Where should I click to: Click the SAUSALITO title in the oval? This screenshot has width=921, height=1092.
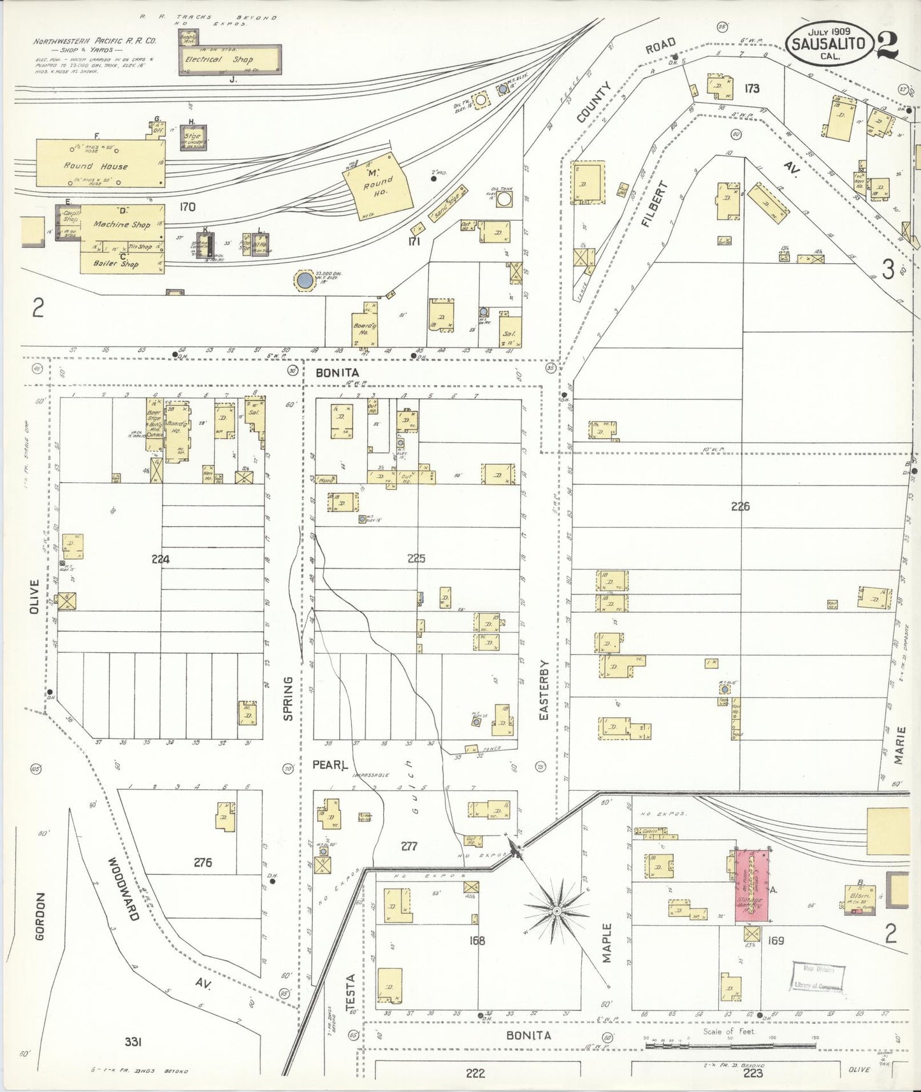(x=828, y=43)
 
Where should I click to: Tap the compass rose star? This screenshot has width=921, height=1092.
(x=557, y=910)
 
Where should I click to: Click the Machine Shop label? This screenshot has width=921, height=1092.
(x=122, y=224)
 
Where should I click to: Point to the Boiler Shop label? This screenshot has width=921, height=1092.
(x=115, y=264)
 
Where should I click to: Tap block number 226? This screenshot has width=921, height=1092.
(x=740, y=506)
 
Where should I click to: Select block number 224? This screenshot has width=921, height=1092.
(x=161, y=559)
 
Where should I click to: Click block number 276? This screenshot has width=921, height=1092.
(x=203, y=862)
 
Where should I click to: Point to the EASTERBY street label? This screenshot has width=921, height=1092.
(x=544, y=691)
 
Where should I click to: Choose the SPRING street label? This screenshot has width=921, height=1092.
(x=287, y=699)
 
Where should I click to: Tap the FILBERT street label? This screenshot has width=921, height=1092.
(x=655, y=204)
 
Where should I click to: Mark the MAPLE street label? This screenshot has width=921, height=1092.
(x=606, y=943)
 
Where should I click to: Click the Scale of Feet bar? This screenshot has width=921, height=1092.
(x=730, y=1045)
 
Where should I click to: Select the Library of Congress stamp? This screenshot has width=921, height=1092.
(x=818, y=977)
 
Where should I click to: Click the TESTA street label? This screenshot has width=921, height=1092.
(x=350, y=992)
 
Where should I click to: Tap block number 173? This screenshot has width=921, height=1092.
(x=752, y=89)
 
